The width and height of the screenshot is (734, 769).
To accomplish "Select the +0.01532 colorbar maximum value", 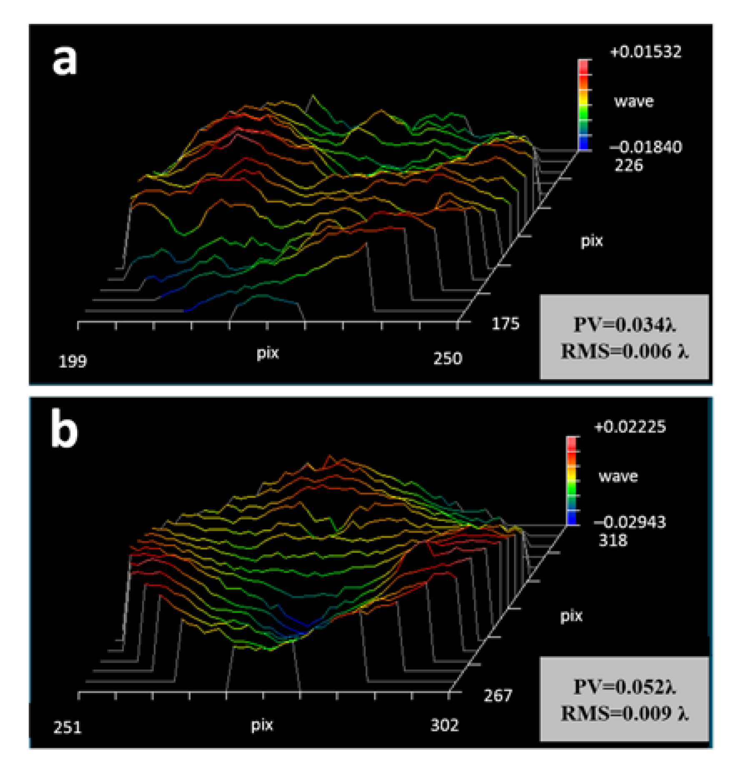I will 645,52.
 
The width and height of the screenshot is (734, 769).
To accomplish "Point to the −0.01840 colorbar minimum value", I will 645,147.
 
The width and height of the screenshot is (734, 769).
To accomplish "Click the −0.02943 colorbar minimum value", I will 629,522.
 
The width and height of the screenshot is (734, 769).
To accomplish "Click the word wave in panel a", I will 634,101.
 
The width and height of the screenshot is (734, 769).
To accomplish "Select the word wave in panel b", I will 618,476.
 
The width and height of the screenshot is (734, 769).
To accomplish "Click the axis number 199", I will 73,361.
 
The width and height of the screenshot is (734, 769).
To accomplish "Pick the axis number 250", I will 447,359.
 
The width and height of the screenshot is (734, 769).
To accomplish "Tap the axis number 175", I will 505,324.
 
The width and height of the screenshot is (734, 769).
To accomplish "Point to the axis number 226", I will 629,166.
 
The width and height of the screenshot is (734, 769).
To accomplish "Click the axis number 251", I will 68,727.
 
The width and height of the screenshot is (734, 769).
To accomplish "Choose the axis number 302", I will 444,726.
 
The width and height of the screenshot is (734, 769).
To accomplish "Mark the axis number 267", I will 497,696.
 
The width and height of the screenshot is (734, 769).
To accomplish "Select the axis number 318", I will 613,540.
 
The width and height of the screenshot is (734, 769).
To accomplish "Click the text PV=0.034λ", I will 624,325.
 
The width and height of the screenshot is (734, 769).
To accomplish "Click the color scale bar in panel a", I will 584,104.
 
